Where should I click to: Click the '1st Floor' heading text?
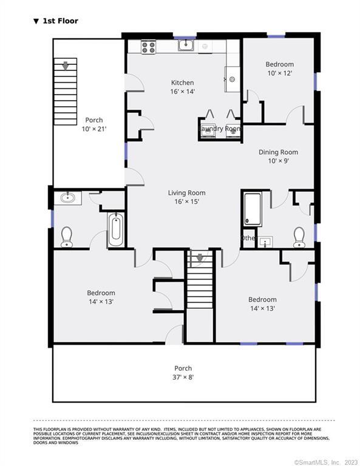(59, 21)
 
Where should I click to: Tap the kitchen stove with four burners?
(149, 47)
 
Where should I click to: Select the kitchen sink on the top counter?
(186, 45)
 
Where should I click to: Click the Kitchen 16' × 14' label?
(182, 87)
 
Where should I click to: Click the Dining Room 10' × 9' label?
(278, 156)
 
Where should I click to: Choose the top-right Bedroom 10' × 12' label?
(279, 69)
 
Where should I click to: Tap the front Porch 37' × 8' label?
(183, 372)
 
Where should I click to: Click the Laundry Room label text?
(220, 129)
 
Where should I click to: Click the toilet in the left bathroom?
(67, 236)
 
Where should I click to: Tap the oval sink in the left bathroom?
(68, 197)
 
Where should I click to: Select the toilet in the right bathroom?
(299, 237)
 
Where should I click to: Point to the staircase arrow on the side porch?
(66, 64)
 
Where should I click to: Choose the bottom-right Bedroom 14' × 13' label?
(262, 303)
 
